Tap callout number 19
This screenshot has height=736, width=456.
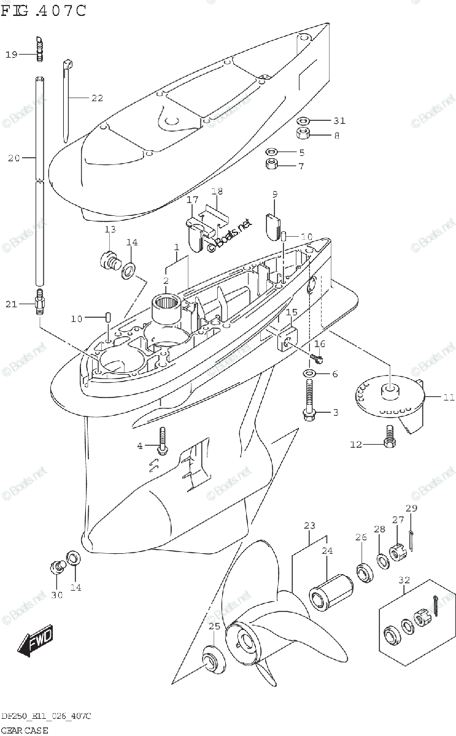[x=12, y=55]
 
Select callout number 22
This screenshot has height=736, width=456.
[x=98, y=98]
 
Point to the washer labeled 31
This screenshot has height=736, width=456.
[x=304, y=120]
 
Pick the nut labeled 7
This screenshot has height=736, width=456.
[x=271, y=164]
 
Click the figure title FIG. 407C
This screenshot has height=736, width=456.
[x=43, y=10]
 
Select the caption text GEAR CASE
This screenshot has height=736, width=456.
[x=24, y=730]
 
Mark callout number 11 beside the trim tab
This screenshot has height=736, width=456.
[x=449, y=397]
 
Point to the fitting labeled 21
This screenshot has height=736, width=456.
[x=39, y=301]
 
